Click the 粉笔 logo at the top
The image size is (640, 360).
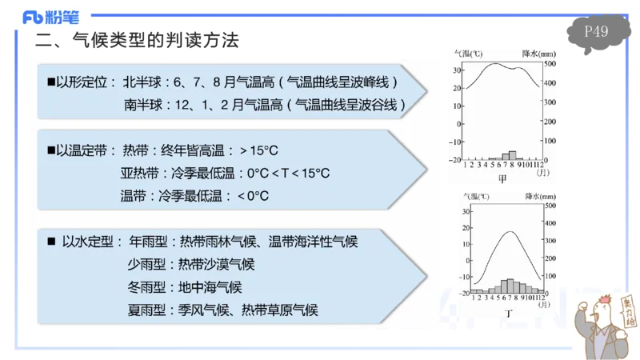click(50, 15)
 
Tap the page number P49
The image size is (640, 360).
click(597, 32)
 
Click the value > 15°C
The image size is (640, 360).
click(258, 150)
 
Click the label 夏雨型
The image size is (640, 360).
click(146, 310)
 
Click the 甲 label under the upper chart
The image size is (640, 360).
click(502, 179)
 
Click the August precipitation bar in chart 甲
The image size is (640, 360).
click(514, 154)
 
